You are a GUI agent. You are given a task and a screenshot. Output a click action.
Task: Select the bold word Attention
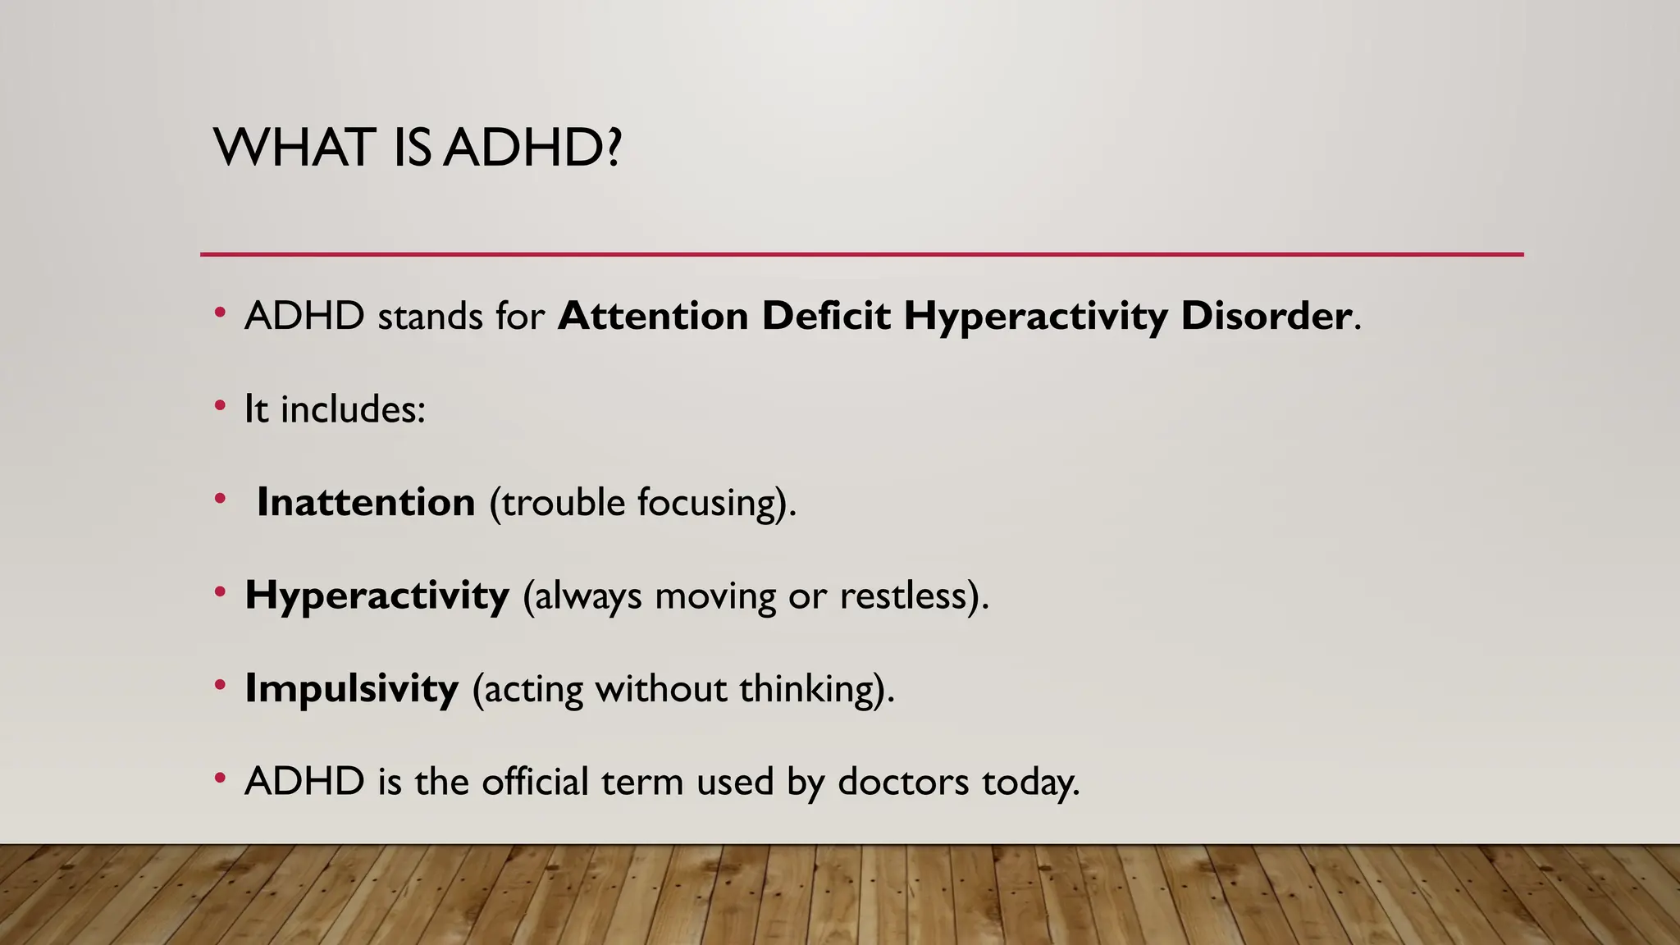tap(653, 316)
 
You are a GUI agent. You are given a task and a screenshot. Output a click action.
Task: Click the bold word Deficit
tap(826, 316)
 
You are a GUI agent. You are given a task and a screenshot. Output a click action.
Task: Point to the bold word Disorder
tap(1266, 316)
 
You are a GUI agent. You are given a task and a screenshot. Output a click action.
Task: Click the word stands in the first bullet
tap(430, 317)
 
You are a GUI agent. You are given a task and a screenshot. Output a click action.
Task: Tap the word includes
tap(353, 409)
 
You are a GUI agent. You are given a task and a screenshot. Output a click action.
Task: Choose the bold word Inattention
tap(366, 502)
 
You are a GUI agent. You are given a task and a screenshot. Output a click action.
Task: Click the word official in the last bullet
tap(535, 781)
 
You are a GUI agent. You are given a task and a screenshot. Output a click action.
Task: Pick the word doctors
tap(903, 781)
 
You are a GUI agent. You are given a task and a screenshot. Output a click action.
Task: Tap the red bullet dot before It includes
tap(220, 405)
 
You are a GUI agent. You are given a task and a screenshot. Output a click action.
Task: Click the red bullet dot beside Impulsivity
tap(220, 684)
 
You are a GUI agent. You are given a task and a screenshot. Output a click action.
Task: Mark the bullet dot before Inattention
tap(220, 498)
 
